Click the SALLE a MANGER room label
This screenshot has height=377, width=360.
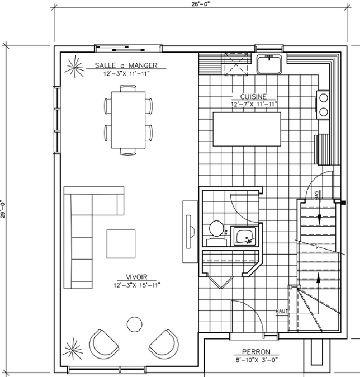[126, 65]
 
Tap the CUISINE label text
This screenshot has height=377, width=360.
[253, 97]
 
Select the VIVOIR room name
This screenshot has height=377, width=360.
[137, 277]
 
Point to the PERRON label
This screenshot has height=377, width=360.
[256, 352]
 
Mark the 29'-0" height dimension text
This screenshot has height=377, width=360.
[3, 210]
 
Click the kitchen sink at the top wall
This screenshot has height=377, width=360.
[269, 64]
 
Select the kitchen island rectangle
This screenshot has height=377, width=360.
[247, 129]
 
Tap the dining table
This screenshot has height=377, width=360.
[128, 120]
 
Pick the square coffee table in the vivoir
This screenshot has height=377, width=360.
[121, 244]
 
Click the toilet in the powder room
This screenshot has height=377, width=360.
[217, 233]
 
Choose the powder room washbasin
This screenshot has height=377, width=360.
[244, 236]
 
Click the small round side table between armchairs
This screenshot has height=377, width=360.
[134, 324]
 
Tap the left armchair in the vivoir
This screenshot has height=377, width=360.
[104, 344]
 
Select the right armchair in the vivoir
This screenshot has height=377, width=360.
[164, 344]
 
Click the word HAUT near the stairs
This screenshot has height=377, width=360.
[282, 311]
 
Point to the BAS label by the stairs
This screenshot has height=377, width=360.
[316, 195]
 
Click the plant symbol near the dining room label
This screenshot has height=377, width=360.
[75, 67]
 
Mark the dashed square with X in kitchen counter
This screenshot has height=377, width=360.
[236, 64]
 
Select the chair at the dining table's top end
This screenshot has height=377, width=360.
[128, 88]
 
